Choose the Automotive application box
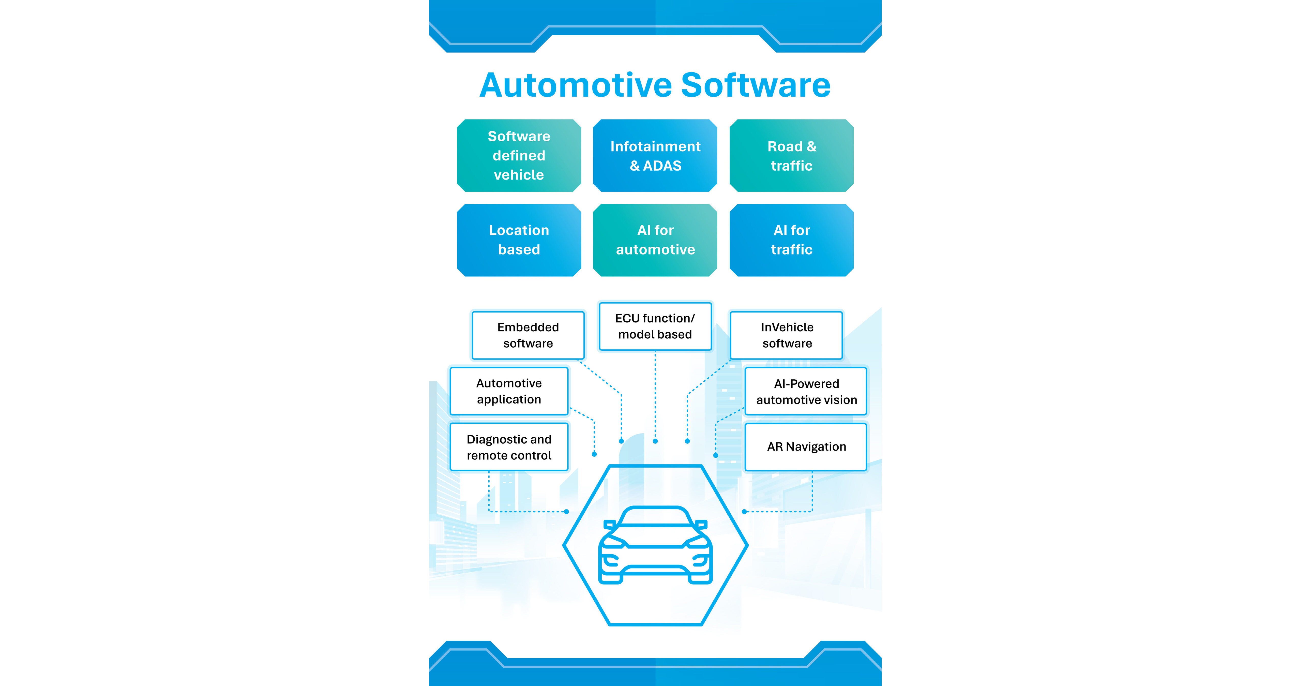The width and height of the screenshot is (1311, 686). (509, 391)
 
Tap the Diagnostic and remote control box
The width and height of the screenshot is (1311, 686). (509, 447)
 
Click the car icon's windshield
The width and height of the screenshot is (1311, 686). (655, 518)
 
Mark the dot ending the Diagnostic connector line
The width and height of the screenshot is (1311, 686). (566, 511)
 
